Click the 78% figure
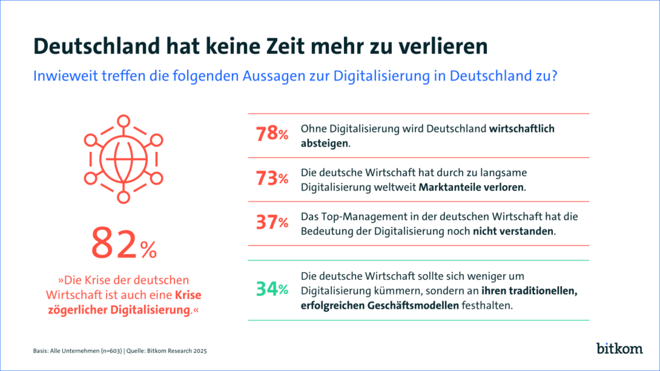tap(272, 134)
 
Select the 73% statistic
tap(272, 179)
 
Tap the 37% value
tap(272, 223)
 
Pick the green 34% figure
tap(272, 289)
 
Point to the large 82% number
tap(123, 245)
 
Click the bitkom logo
tap(619, 348)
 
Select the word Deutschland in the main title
tap(105, 47)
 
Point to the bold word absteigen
tap(324, 143)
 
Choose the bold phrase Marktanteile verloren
tap(472, 187)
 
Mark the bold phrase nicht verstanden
tap(513, 231)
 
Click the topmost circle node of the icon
tap(123, 122)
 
